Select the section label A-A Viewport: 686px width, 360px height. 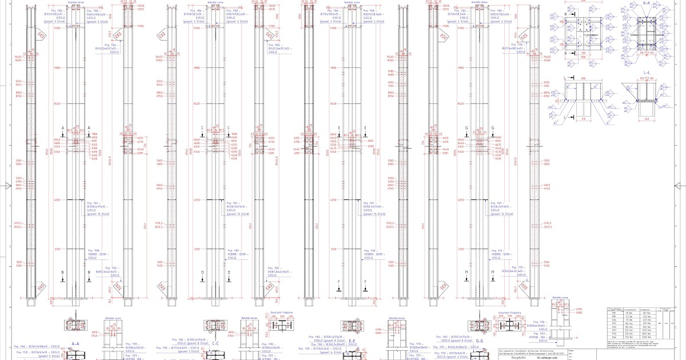(x=75, y=344)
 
